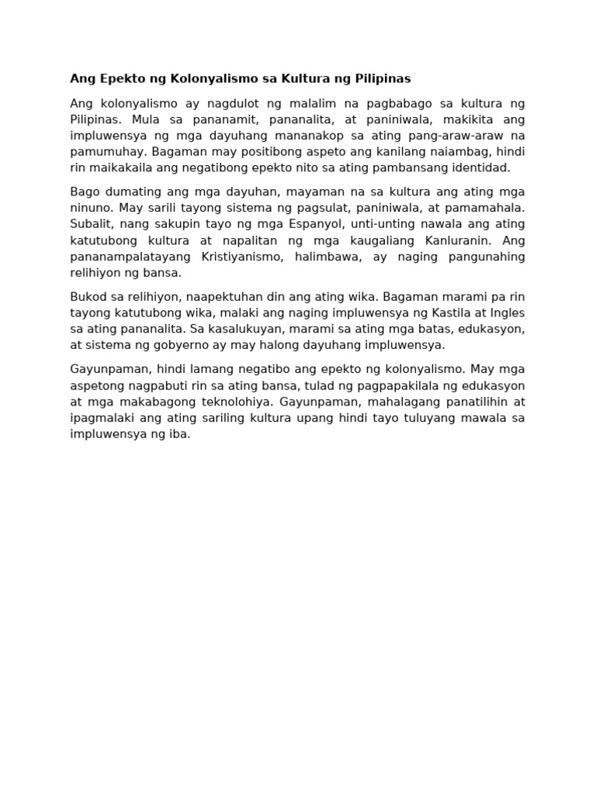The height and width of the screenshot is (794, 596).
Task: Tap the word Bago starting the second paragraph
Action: coord(85,192)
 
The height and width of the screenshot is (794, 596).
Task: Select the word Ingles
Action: coord(505,312)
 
